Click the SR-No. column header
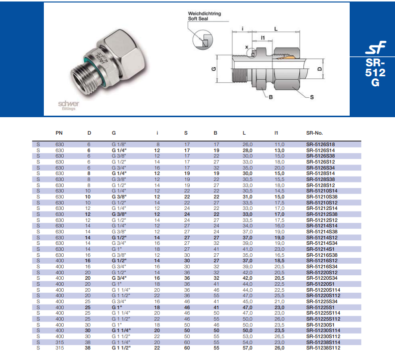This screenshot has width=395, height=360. [314, 133]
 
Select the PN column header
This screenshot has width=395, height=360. [59, 133]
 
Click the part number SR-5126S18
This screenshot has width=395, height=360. [320, 144]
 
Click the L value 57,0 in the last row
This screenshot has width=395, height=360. [248, 348]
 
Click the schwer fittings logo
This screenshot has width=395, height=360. [66, 104]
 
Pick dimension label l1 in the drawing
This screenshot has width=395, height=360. [263, 37]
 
